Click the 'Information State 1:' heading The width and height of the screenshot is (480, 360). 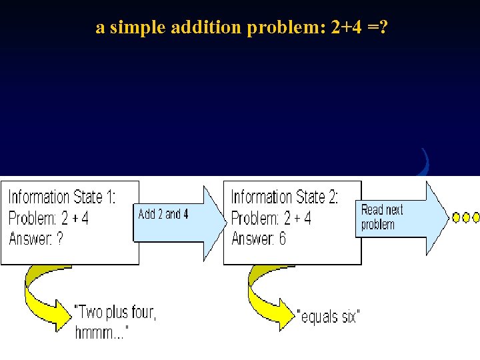pyautogui.click(x=61, y=197)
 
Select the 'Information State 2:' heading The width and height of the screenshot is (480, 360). pyautogui.click(x=285, y=197)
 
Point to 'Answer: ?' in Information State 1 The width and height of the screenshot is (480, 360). pyautogui.click(x=36, y=239)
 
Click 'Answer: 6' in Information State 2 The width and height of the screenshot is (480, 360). pyautogui.click(x=258, y=239)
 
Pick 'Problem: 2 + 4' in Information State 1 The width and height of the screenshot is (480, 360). pyautogui.click(x=49, y=218)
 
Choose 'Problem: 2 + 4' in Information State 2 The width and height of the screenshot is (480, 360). pyautogui.click(x=271, y=218)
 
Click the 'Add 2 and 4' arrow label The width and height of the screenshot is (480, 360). pyautogui.click(x=163, y=214)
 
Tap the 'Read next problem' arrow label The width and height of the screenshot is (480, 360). pyautogui.click(x=382, y=217)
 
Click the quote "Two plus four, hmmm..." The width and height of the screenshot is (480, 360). pyautogui.click(x=115, y=321)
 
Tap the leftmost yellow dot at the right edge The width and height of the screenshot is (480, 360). pyautogui.click(x=457, y=217)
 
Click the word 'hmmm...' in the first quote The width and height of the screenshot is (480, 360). pyautogui.click(x=101, y=332)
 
